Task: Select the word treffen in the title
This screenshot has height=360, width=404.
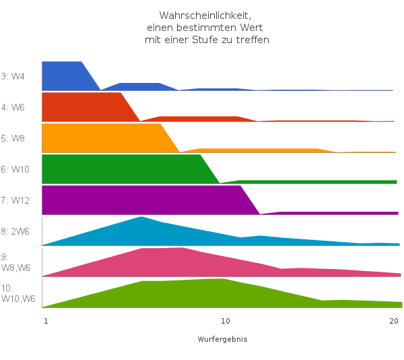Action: coord(252,40)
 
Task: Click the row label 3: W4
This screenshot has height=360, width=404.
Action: coord(13,76)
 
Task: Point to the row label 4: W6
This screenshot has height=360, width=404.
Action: coord(13,107)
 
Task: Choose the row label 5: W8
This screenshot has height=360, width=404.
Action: coord(13,138)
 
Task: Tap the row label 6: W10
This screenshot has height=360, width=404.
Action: coord(15,169)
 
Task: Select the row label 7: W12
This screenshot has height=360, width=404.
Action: coord(15,200)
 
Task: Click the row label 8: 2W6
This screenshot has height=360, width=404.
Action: coord(15,231)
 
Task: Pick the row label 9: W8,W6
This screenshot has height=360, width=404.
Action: coord(15,262)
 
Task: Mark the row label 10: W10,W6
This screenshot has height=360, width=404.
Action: coord(18,293)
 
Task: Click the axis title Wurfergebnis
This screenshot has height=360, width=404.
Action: coord(222,339)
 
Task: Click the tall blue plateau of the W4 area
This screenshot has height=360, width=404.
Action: coord(62,76)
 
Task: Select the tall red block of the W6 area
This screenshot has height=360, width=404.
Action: coord(81,107)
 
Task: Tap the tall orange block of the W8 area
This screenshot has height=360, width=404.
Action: coord(101,138)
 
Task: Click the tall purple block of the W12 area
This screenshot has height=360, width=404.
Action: coord(141,200)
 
